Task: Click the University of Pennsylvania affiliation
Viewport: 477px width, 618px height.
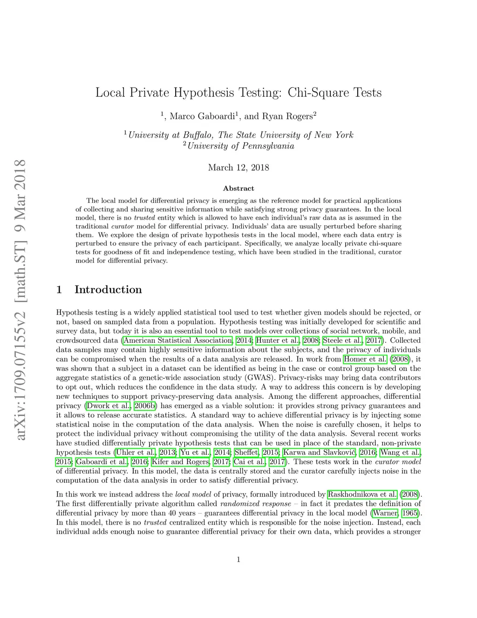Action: tap(240, 146)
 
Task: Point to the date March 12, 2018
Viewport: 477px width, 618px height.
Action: tap(238, 167)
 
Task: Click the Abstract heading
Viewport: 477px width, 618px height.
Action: tap(238, 188)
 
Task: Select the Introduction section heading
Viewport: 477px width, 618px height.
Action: tap(108, 290)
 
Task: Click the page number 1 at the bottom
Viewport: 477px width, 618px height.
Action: tap(238, 560)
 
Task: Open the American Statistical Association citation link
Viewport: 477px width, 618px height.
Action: tap(178, 340)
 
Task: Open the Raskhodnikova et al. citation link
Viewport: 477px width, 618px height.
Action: tap(363, 494)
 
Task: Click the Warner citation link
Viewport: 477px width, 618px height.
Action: tap(385, 513)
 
